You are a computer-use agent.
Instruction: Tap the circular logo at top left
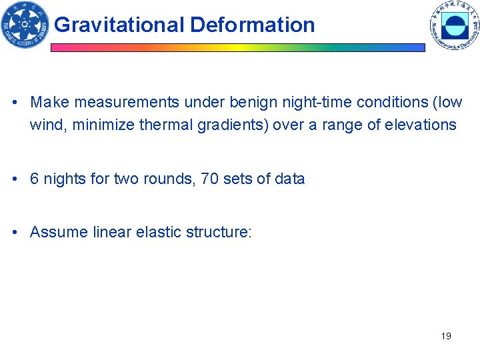(25, 25)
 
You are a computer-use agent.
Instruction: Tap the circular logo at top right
(455, 27)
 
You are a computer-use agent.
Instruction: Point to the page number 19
(446, 336)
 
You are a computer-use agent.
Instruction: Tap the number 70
(209, 179)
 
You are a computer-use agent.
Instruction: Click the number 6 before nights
(34, 179)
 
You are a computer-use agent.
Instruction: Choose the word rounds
(165, 179)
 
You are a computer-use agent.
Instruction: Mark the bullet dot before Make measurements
(14, 103)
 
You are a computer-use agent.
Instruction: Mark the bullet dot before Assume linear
(14, 233)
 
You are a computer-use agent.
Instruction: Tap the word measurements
(127, 103)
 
